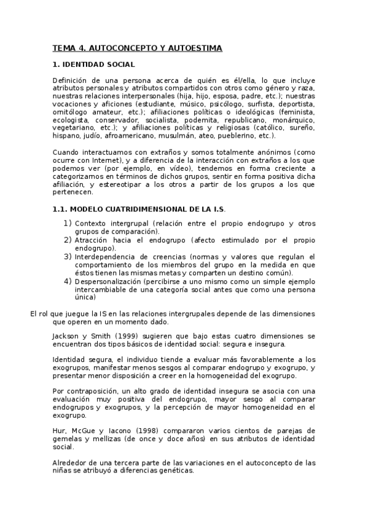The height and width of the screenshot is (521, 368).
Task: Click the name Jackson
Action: pos(67,336)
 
